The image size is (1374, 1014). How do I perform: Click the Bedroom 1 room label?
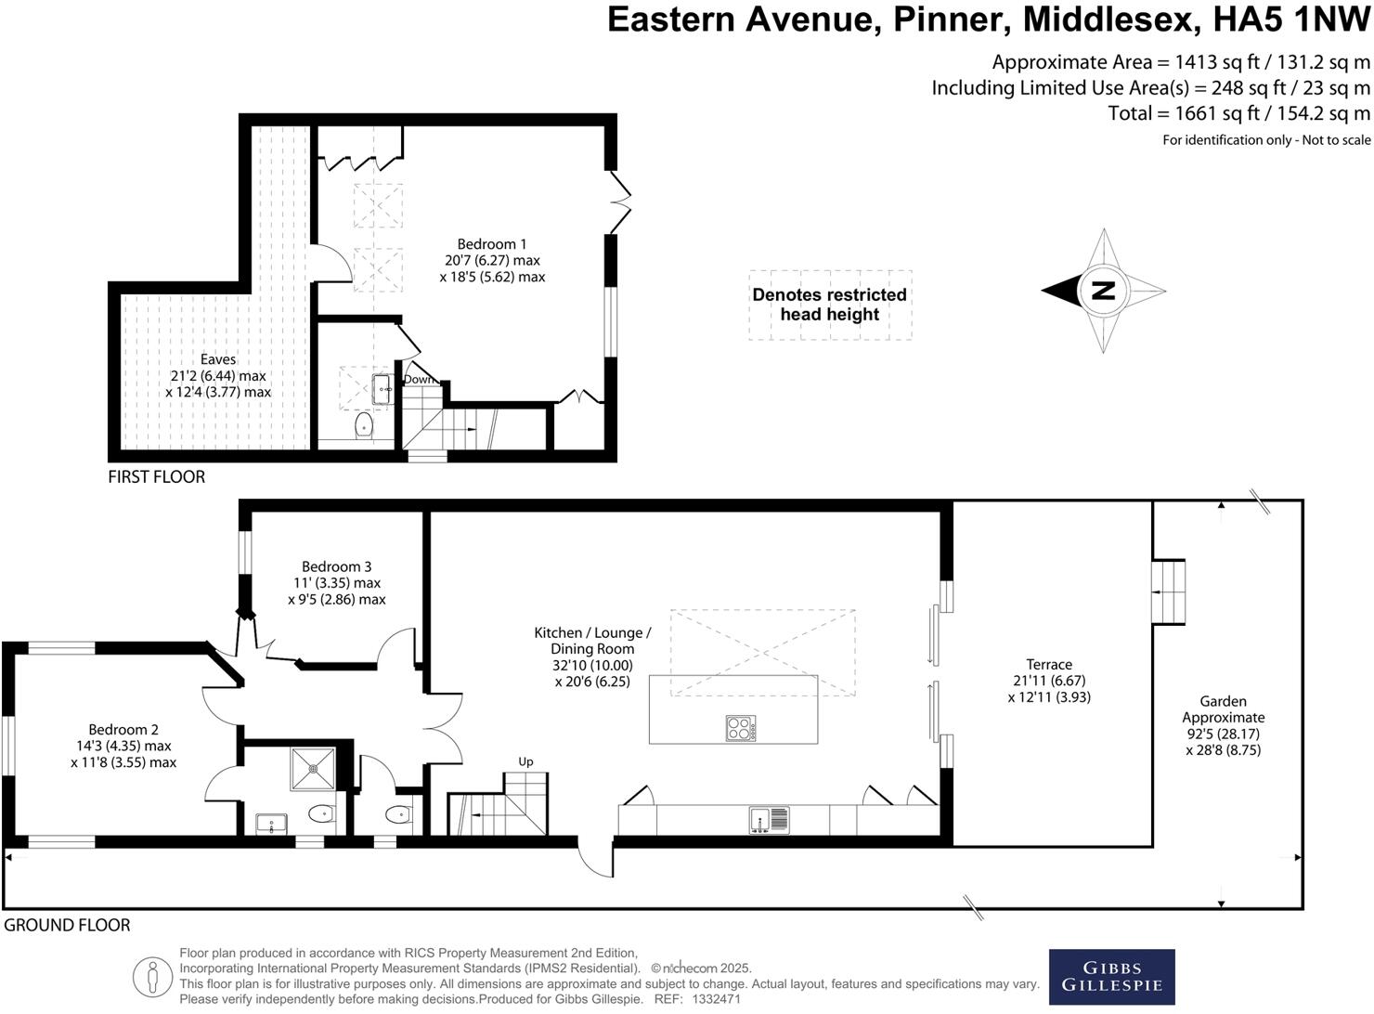(491, 244)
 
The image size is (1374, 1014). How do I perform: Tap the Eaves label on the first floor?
(218, 359)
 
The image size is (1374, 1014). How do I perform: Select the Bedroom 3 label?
(336, 566)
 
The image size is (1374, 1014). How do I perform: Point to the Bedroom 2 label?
(123, 730)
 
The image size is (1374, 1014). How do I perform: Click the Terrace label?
(1049, 664)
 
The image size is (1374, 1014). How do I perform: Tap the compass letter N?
(1103, 291)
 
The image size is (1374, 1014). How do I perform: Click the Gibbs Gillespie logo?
(1111, 976)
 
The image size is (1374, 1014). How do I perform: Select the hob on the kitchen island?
(740, 728)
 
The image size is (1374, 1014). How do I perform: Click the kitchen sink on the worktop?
(769, 820)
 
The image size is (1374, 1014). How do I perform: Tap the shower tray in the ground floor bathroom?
(313, 767)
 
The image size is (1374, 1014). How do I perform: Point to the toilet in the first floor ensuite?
(363, 426)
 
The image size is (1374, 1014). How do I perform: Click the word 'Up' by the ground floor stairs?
(525, 761)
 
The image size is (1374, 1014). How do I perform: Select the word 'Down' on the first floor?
(419, 379)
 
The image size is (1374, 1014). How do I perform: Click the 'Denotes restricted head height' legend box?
(830, 305)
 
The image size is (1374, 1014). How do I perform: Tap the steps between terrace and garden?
(1169, 592)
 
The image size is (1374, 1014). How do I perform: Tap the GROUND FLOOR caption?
(67, 925)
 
